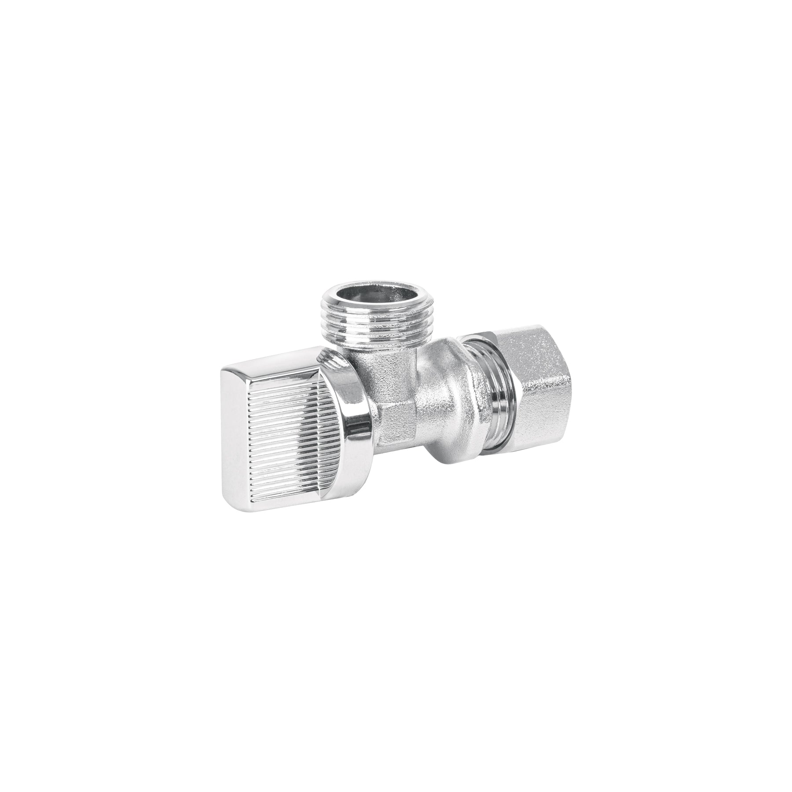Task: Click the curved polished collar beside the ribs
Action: point(352,418)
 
